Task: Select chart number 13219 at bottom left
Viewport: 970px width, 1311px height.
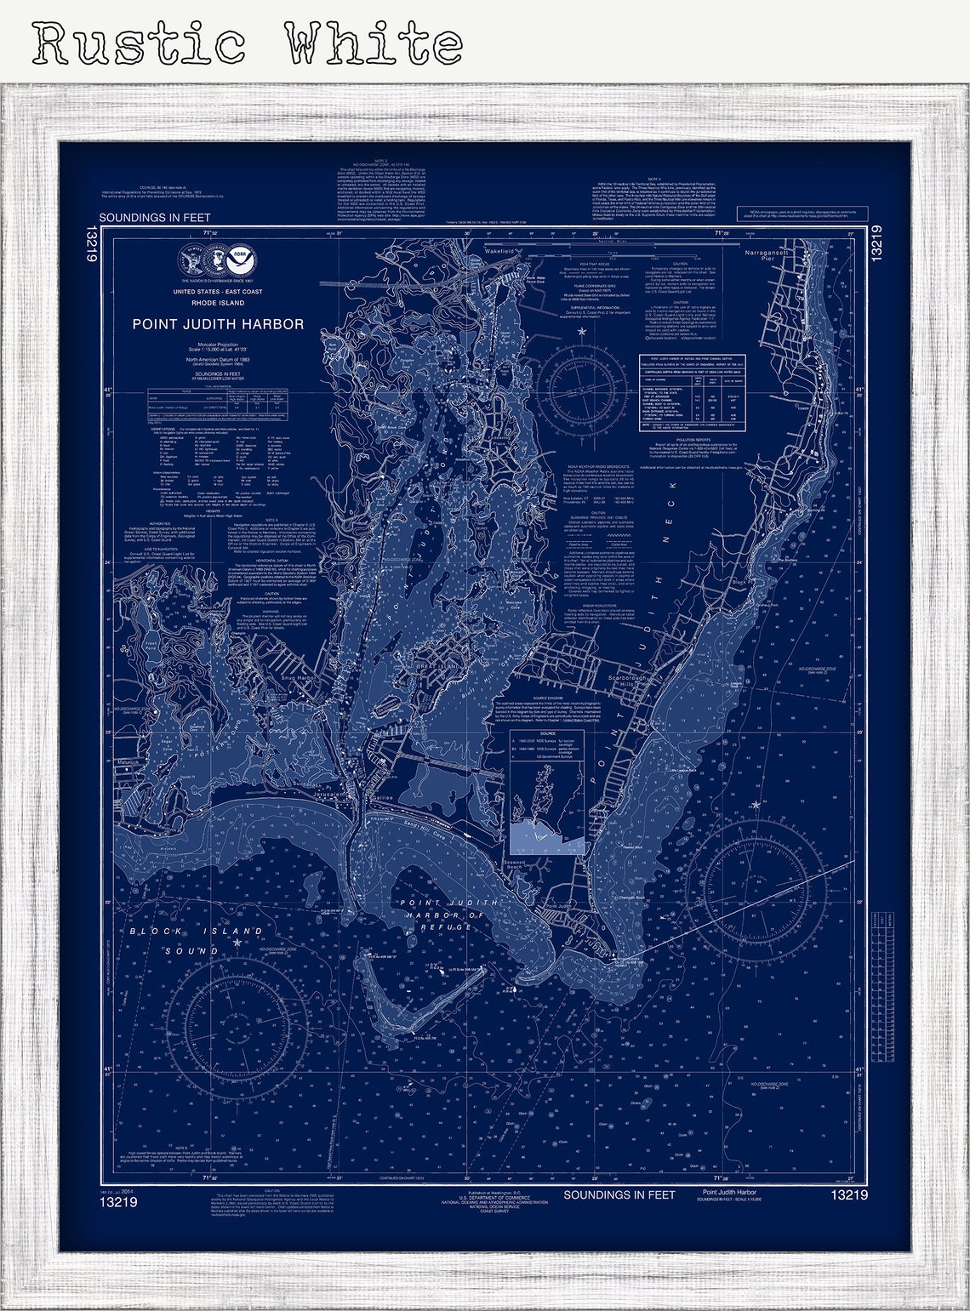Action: click(x=117, y=1203)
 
